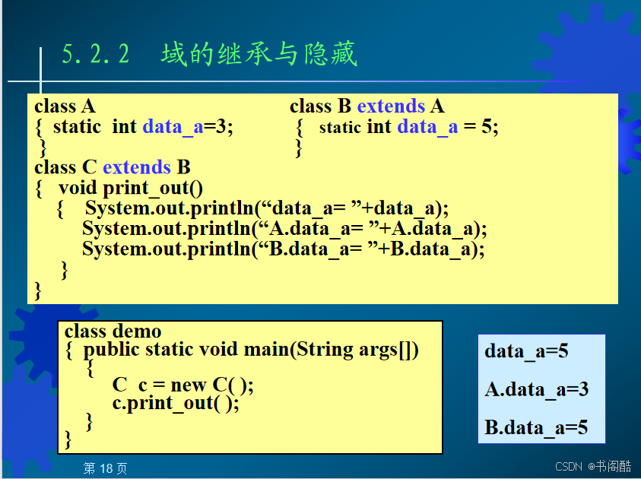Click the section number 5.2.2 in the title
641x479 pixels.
(x=96, y=54)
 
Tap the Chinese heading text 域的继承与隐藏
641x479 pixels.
(x=259, y=53)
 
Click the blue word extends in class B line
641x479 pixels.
(x=392, y=106)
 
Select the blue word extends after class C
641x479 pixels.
(x=137, y=167)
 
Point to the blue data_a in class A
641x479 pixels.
(x=173, y=127)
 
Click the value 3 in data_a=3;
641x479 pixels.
(x=221, y=127)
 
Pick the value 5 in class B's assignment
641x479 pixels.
(x=487, y=127)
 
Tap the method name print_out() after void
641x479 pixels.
(x=153, y=189)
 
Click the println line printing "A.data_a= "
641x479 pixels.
(x=284, y=229)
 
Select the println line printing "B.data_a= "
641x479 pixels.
(x=284, y=249)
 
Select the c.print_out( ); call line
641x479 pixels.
(x=176, y=404)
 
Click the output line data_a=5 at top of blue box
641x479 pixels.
(x=526, y=351)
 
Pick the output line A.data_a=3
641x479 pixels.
(x=537, y=389)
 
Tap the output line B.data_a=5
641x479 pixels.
(x=536, y=428)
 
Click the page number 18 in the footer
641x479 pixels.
(x=106, y=468)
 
